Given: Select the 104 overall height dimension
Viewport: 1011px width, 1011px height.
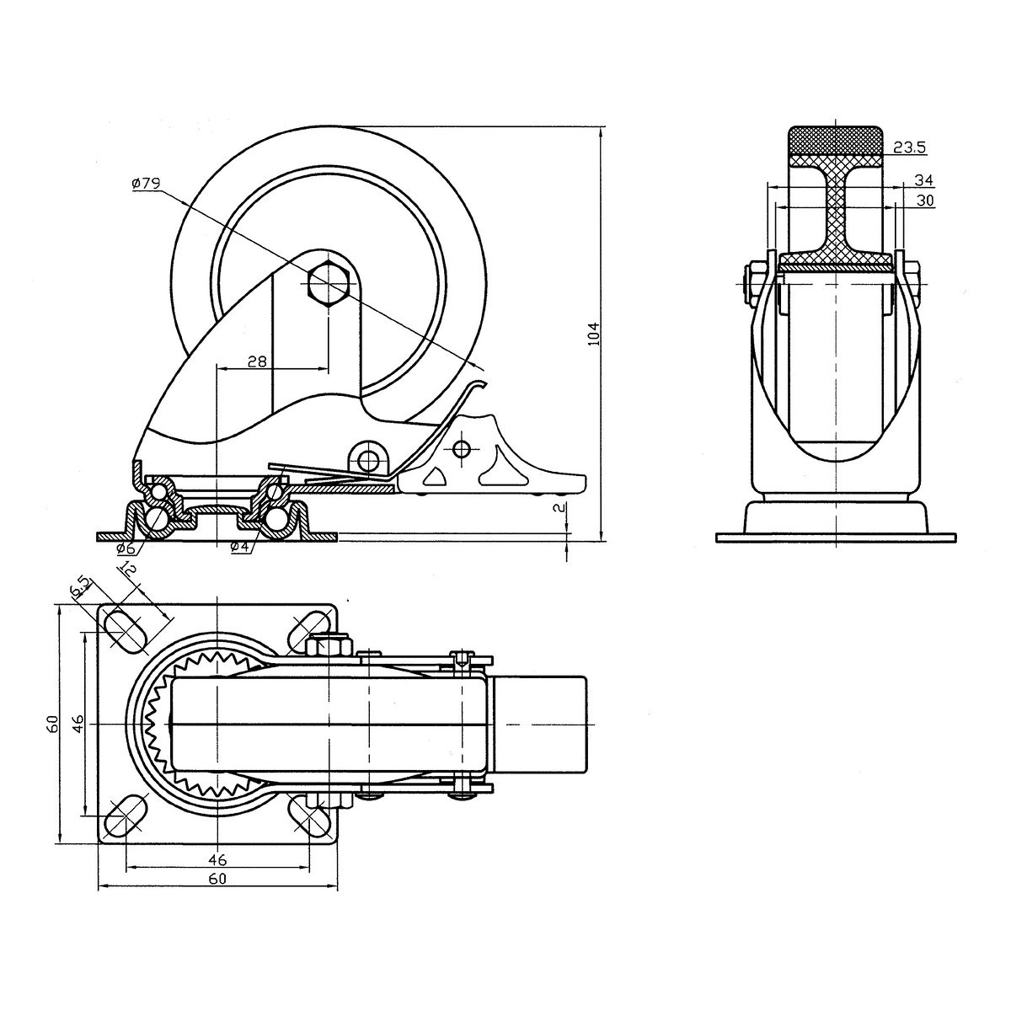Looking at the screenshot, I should pyautogui.click(x=592, y=334).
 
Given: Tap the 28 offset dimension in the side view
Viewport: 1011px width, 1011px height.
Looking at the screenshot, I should pyautogui.click(x=257, y=361).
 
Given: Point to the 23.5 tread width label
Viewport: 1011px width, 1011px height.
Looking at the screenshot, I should pyautogui.click(x=909, y=147).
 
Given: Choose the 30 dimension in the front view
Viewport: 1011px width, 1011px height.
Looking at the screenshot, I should pyautogui.click(x=924, y=201).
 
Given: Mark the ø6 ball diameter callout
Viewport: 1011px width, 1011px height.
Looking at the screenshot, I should pyautogui.click(x=125, y=548).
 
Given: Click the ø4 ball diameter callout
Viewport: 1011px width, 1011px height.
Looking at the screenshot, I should pyautogui.click(x=240, y=548).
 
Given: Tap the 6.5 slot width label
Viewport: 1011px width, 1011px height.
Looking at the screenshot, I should pyautogui.click(x=81, y=587).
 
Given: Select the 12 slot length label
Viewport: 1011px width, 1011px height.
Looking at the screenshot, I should pyautogui.click(x=129, y=571).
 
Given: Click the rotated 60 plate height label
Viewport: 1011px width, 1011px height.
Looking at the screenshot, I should pyautogui.click(x=52, y=723).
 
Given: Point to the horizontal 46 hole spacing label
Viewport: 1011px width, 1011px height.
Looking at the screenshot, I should pyautogui.click(x=217, y=860).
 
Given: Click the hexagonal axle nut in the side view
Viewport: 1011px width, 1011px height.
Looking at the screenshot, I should pyautogui.click(x=329, y=282).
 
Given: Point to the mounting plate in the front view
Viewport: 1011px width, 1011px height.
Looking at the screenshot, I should pyautogui.click(x=836, y=537).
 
